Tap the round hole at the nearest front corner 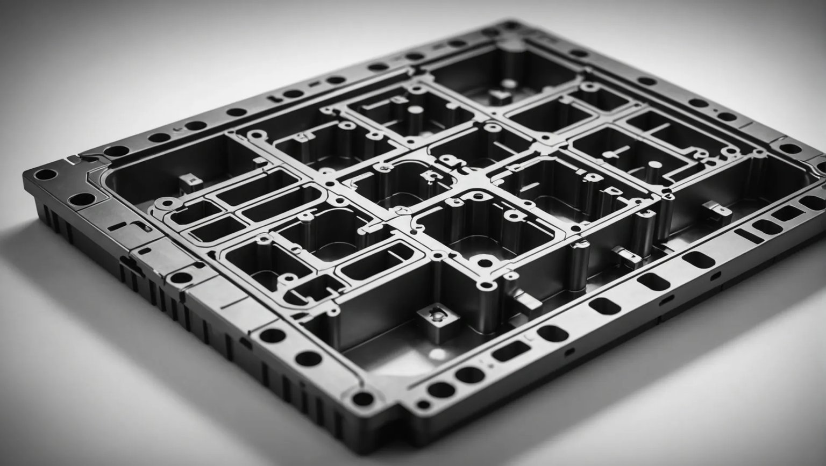pos(362,398)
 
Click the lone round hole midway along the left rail pos(181,278)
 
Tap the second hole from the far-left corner pos(82,199)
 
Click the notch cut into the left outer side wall pos(126,263)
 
